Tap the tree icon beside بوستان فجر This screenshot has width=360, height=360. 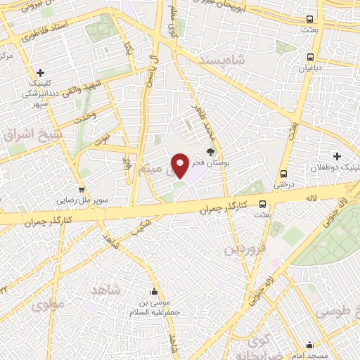click(210, 151)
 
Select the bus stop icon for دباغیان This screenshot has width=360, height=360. click(310, 58)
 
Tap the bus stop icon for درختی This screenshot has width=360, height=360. click(283, 174)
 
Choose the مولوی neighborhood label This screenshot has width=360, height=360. click(48, 304)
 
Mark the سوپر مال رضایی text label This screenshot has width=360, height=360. click(83, 200)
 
